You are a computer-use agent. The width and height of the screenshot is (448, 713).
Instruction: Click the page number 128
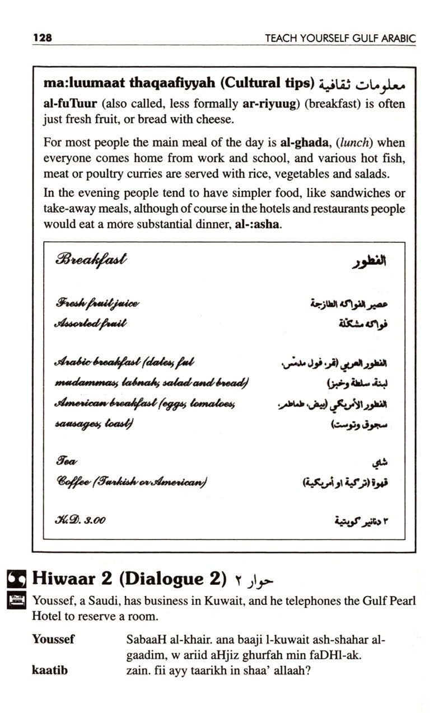[43, 38]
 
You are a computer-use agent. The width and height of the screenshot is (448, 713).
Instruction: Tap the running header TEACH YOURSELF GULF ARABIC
[340, 39]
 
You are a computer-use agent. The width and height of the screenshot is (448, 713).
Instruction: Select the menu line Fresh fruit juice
[97, 303]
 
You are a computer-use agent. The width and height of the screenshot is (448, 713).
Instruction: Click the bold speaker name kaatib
[50, 669]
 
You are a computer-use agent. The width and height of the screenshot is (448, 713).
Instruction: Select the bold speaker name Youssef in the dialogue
[53, 639]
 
